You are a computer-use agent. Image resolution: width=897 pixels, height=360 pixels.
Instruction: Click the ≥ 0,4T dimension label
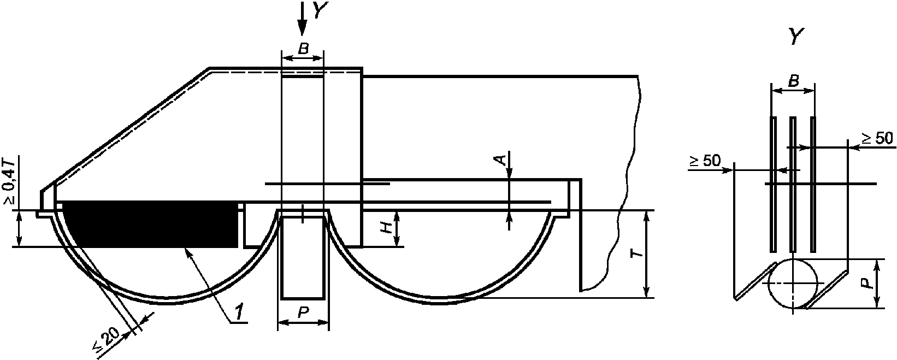[10, 182]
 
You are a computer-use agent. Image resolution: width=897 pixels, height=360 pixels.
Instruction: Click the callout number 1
[239, 311]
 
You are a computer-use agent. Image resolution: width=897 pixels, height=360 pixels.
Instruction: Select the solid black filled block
[150, 225]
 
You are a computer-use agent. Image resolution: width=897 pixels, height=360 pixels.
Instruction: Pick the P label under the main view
[303, 312]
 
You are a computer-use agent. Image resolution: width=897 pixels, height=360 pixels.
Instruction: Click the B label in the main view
[303, 49]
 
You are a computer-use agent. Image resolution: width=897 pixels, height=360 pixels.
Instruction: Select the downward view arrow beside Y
[302, 18]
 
